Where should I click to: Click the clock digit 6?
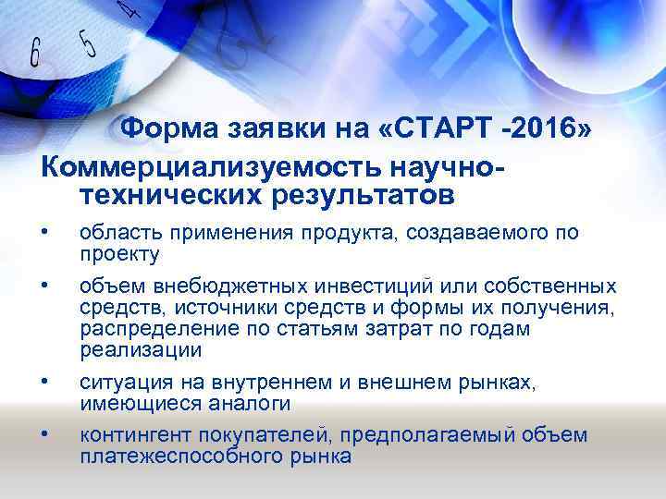click(35, 55)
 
